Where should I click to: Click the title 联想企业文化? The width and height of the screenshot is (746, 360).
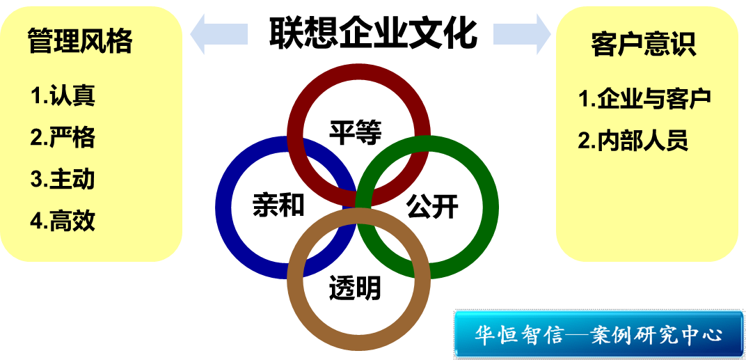(373, 31)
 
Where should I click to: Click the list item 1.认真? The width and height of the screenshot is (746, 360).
(63, 95)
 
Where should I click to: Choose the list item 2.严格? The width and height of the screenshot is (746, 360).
(63, 137)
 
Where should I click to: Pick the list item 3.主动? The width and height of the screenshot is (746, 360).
(63, 179)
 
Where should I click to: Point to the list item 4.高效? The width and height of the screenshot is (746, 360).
(63, 221)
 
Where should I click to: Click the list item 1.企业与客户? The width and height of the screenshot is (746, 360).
(644, 99)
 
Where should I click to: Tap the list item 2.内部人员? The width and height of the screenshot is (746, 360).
(633, 141)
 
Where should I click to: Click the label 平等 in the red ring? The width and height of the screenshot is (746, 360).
(356, 132)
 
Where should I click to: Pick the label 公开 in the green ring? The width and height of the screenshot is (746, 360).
(433, 206)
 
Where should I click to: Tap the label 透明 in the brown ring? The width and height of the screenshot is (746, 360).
(356, 287)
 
